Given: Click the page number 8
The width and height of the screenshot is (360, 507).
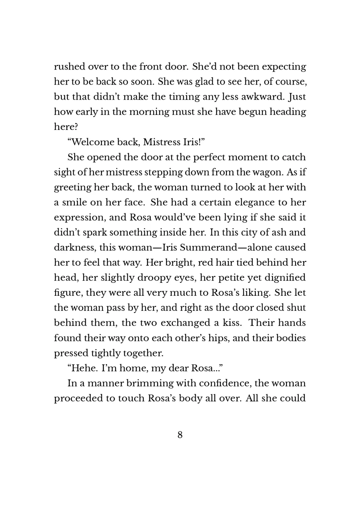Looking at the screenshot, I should pos(180,435).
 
